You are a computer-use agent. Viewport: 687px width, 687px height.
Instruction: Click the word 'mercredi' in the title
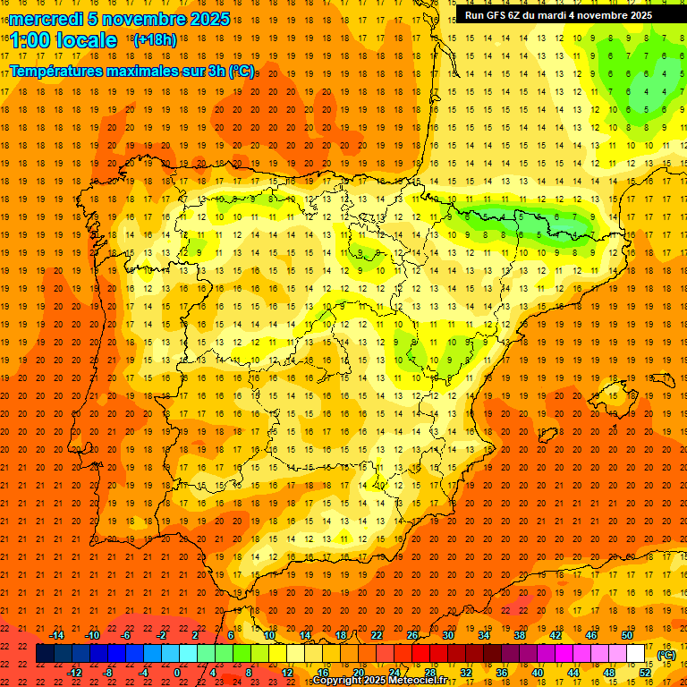(46, 19)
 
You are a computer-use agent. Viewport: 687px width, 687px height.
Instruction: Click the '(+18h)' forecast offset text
(155, 39)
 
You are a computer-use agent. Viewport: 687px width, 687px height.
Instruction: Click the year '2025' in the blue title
(208, 19)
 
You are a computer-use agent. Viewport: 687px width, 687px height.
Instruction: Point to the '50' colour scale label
(627, 635)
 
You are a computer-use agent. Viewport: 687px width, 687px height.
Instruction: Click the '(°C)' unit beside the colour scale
(666, 655)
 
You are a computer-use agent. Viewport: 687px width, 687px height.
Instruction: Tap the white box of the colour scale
(636, 654)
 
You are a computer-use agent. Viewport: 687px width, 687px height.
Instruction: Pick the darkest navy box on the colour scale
(46, 654)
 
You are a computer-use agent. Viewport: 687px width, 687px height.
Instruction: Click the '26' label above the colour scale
(412, 635)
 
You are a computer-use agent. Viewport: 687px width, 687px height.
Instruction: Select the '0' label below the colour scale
(177, 673)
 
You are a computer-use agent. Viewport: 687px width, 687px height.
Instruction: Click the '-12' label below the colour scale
(74, 673)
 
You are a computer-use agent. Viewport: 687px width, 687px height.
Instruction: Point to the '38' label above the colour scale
(520, 635)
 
